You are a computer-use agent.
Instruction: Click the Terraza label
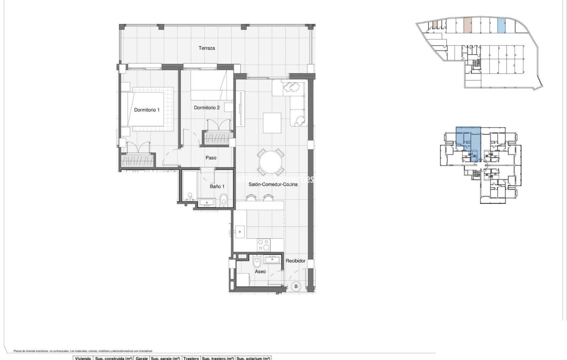pos(206,48)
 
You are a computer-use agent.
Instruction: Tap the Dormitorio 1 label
pos(147,110)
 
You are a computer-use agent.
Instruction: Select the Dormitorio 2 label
pos(207,108)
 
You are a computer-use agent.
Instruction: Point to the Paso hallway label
pos(211,158)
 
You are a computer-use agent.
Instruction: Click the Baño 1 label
pos(217,186)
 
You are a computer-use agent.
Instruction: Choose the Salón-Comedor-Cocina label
pos(273,184)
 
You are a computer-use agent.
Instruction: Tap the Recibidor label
pos(295,261)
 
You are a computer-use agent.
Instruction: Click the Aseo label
pos(260,271)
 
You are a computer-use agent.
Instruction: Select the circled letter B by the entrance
pos(296,286)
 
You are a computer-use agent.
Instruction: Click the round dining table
pos(271,162)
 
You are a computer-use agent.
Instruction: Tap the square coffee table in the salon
pos(272,123)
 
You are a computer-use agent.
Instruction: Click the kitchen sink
pos(240,232)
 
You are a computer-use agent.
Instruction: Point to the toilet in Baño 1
pos(223,200)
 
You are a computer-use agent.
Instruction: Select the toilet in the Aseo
pos(256,262)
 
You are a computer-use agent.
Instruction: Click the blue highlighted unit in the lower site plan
pos(469,140)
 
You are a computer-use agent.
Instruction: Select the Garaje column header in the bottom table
pos(141,358)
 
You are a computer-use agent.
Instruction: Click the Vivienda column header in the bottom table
pos(83,358)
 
